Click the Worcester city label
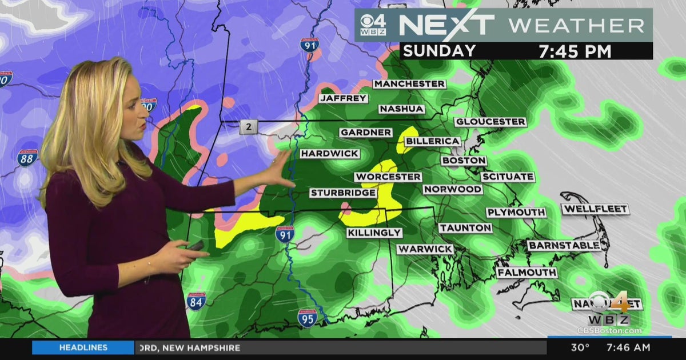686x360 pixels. click(x=388, y=177)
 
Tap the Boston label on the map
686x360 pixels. click(x=464, y=161)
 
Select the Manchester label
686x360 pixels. click(x=409, y=84)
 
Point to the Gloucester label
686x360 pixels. click(x=490, y=122)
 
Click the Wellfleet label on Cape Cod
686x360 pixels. click(x=595, y=209)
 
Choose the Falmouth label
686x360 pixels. click(x=527, y=273)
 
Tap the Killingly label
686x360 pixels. click(x=374, y=233)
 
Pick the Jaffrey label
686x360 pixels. click(x=343, y=98)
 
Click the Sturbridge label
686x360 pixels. click(x=343, y=193)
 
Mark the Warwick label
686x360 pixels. click(x=425, y=249)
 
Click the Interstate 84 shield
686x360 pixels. click(x=196, y=301)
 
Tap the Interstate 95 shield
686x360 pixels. click(x=307, y=318)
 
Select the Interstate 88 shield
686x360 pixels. click(x=27, y=158)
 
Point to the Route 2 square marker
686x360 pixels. click(x=248, y=127)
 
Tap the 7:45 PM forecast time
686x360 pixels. click(x=575, y=51)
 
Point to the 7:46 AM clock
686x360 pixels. click(x=628, y=347)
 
